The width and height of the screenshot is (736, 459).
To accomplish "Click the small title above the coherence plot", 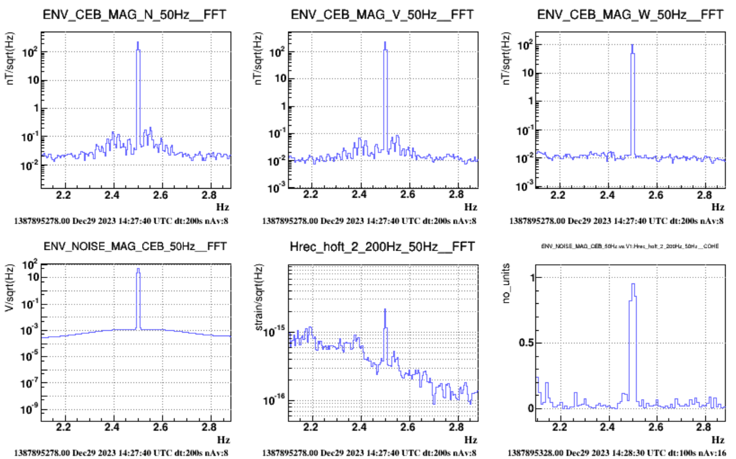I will point(630,246).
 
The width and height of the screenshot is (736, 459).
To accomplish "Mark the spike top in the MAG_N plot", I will point(138,43).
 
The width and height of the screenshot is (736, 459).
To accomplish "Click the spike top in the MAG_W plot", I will point(632,45).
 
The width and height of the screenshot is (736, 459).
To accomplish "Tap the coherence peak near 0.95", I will point(632,284).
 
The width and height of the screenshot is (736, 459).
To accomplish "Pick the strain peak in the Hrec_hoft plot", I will point(385,309).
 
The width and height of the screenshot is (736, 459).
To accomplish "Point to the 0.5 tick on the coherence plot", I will point(524,343).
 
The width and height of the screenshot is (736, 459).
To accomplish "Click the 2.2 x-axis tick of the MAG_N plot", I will point(64,195).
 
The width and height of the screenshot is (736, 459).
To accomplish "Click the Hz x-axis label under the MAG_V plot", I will point(470,207).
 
